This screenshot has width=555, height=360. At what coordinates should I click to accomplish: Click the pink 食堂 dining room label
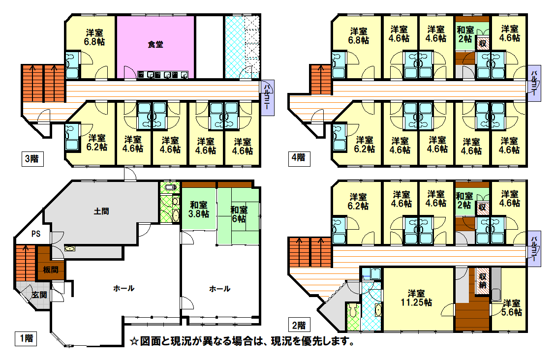tap(155, 45)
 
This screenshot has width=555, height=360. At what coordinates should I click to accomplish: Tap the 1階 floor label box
tap(26, 338)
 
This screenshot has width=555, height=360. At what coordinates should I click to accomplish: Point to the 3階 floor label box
tap(32, 159)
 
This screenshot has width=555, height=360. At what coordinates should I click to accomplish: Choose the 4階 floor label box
tap(299, 157)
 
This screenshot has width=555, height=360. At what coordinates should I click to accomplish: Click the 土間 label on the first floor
tap(101, 211)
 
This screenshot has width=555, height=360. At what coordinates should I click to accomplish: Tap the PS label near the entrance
tap(36, 234)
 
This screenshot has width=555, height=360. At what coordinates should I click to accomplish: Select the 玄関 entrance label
tap(39, 295)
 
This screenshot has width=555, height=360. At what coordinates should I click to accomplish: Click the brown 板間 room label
tap(51, 270)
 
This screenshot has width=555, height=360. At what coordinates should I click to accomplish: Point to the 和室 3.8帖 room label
tap(199, 210)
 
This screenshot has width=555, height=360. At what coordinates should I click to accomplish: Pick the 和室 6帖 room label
tap(239, 214)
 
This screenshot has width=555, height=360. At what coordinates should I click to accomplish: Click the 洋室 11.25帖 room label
tap(416, 298)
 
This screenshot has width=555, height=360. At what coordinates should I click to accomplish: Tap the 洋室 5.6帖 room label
tap(512, 308)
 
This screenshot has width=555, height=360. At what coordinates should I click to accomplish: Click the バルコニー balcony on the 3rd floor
tap(268, 97)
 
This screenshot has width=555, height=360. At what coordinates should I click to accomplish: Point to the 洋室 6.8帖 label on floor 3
tap(94, 37)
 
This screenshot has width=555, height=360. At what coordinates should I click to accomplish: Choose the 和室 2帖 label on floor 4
tap(465, 34)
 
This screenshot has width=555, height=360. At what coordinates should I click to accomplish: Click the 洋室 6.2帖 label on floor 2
tap(358, 201)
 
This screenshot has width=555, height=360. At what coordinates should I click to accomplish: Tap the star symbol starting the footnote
tap(134, 341)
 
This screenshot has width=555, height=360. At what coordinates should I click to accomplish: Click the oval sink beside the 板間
tap(70, 249)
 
